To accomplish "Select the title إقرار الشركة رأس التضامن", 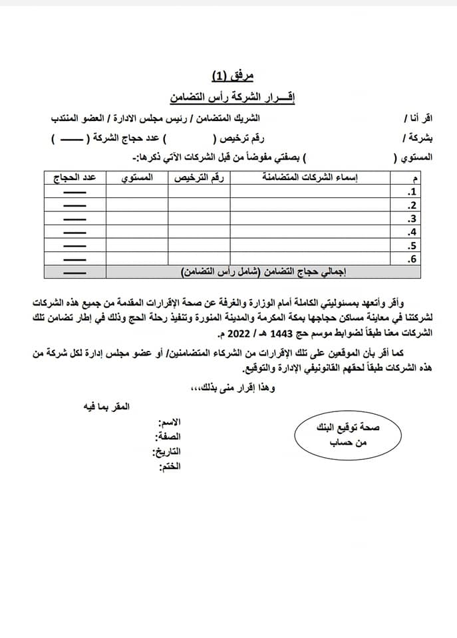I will [x=229, y=97].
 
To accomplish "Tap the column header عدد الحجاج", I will [x=75, y=177].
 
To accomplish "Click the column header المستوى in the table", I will [x=136, y=177].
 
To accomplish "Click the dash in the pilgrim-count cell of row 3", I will [x=75, y=219].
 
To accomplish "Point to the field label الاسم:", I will [x=169, y=423].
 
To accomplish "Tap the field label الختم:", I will [x=169, y=467].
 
